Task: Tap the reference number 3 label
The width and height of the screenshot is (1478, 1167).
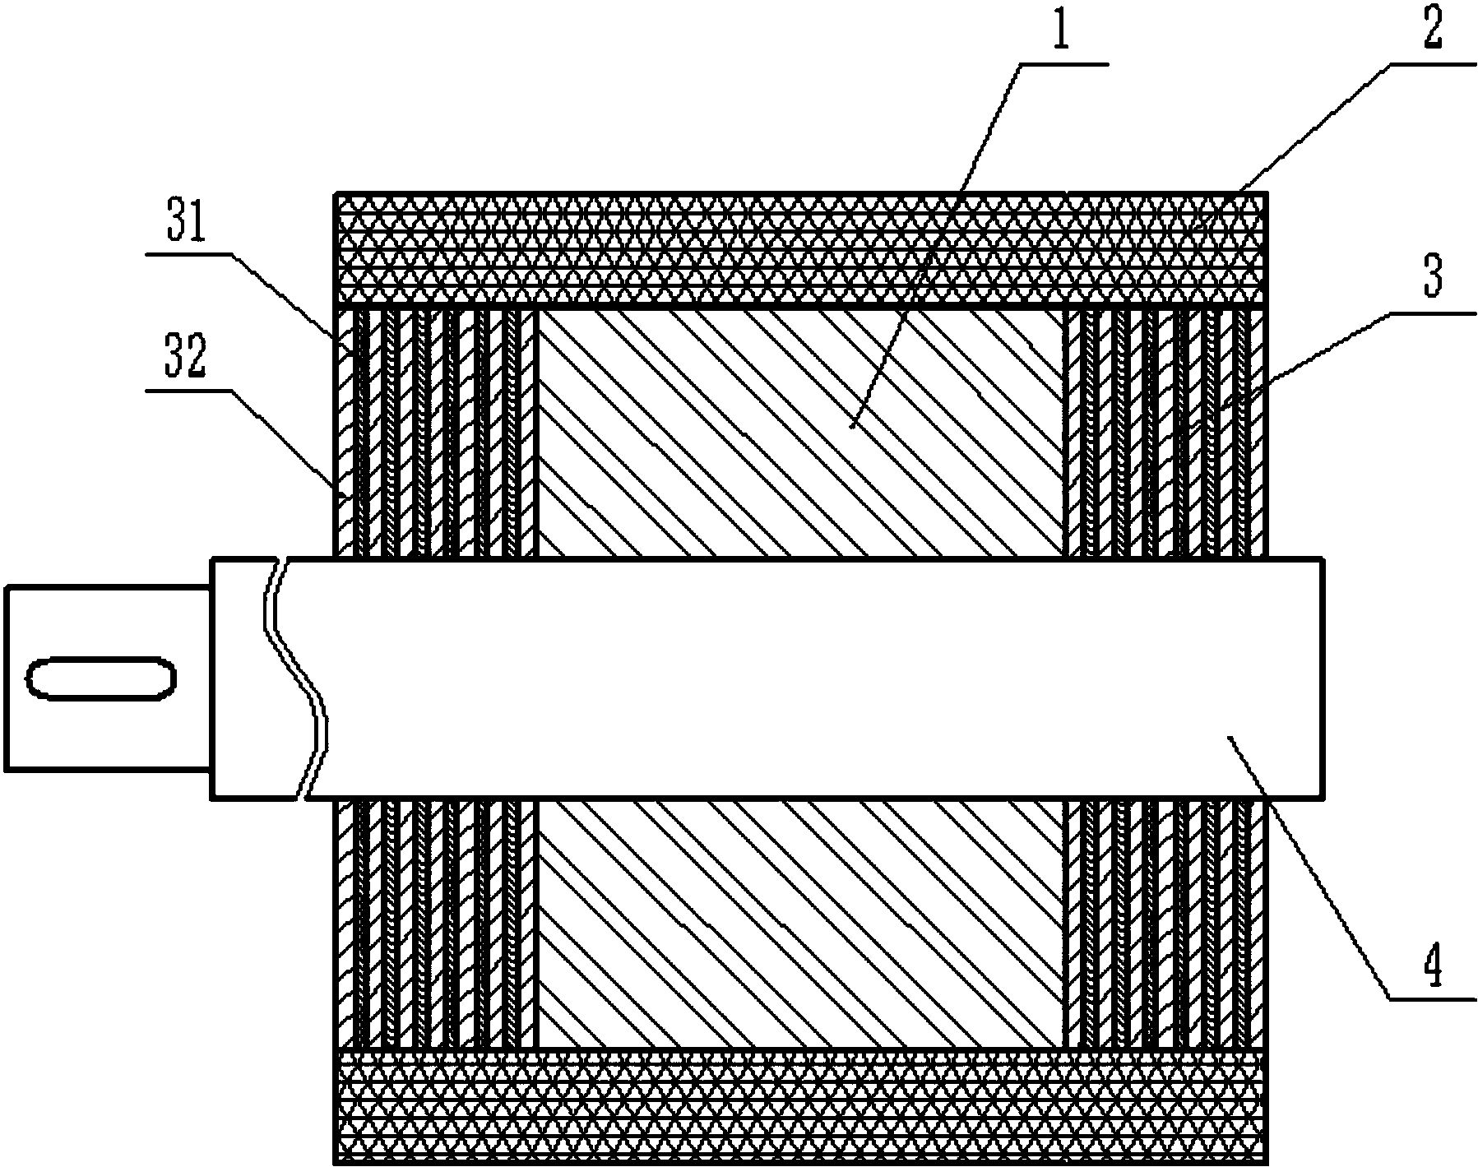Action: (1433, 280)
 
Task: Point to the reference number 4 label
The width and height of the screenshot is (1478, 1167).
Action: (1432, 964)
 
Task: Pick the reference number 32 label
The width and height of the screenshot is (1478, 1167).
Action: (187, 360)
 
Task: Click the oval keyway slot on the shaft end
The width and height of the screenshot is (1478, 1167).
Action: (102, 678)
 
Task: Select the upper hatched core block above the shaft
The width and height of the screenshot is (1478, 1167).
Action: (799, 433)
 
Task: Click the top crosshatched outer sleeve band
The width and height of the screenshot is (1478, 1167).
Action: (799, 249)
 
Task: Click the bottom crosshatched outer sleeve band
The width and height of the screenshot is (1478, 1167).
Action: (799, 1105)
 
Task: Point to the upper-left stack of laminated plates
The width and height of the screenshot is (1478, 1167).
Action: (434, 433)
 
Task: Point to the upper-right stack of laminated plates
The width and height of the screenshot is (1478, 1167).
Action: (1165, 433)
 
